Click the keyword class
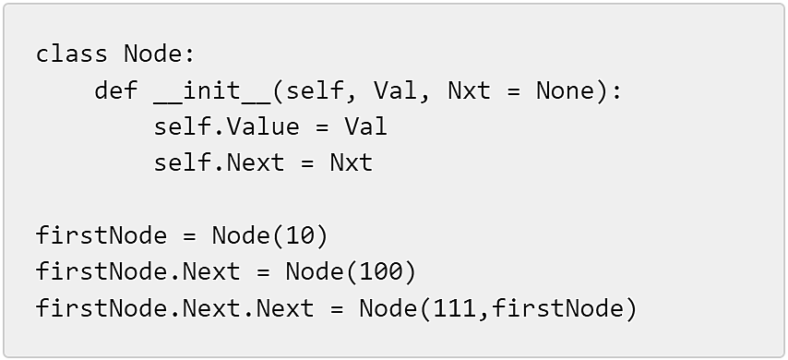click(x=71, y=54)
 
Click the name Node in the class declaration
click(x=153, y=54)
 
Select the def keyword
click(x=116, y=90)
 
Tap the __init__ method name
click(x=212, y=91)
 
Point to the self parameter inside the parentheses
click(x=315, y=90)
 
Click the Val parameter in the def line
click(x=396, y=90)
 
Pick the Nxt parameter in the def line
click(x=470, y=90)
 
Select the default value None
click(x=566, y=90)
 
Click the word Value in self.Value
click(x=263, y=126)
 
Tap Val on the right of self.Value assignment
click(x=365, y=126)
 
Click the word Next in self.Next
click(x=256, y=162)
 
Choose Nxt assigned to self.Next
click(x=352, y=162)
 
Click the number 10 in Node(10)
click(x=300, y=235)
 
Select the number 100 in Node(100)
click(x=381, y=272)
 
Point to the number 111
click(x=454, y=308)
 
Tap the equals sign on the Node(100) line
click(x=263, y=272)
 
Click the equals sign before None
click(x=514, y=90)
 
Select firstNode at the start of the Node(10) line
click(x=101, y=235)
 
